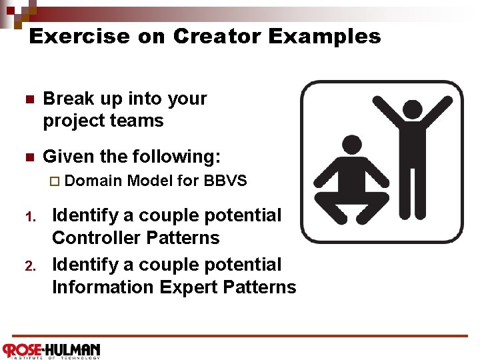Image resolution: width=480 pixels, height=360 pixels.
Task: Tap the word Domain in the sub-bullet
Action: (x=94, y=181)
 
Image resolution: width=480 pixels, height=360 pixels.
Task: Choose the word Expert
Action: (x=183, y=287)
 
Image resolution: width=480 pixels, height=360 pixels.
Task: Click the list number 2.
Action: (x=29, y=267)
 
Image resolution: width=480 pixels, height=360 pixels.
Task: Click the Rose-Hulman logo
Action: (x=51, y=350)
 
